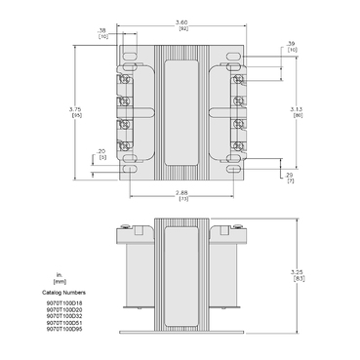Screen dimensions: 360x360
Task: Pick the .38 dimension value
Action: pyautogui.click(x=103, y=30)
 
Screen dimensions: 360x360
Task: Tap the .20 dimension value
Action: pyautogui.click(x=102, y=150)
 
